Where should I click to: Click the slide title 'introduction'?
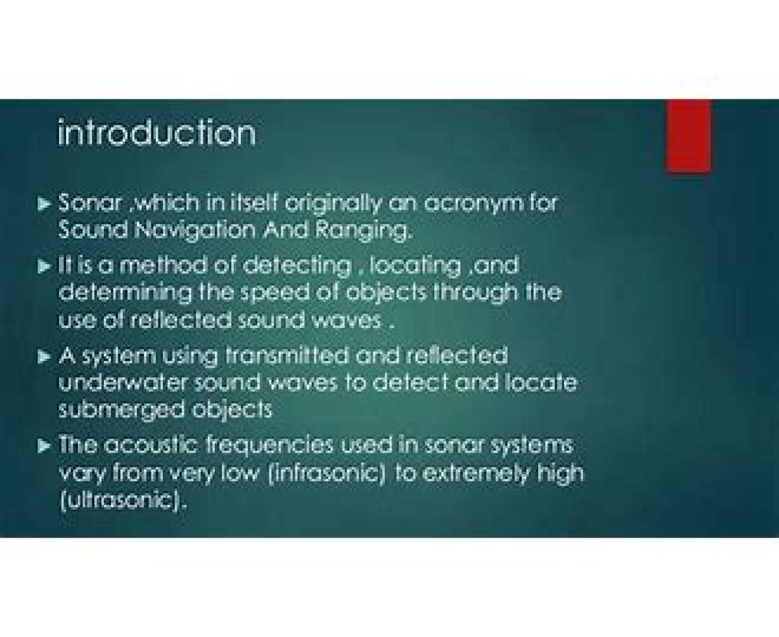(x=156, y=132)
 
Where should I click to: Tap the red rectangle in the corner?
(x=689, y=136)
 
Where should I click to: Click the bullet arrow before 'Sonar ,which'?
(x=44, y=204)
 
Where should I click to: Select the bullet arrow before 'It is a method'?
(x=44, y=266)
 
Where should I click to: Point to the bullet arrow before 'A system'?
(x=44, y=357)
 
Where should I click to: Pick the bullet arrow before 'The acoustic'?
(x=44, y=446)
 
